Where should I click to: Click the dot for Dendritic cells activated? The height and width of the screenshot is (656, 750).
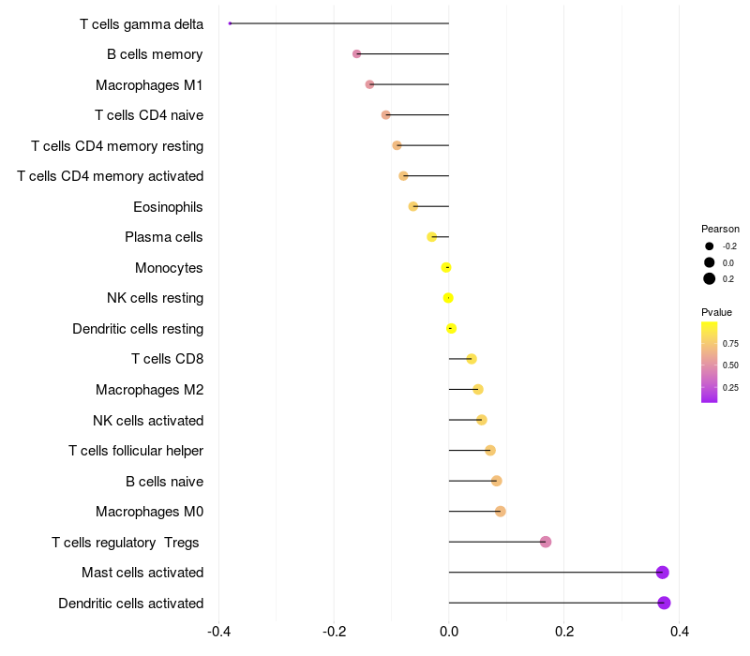click(664, 603)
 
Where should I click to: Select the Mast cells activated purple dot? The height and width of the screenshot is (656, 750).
click(662, 573)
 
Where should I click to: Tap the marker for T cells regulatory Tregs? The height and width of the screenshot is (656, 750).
click(546, 542)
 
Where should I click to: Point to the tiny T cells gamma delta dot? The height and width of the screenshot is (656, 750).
click(230, 23)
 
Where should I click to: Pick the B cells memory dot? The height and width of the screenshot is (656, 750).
click(356, 53)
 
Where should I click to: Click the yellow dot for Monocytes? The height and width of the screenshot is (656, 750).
click(446, 267)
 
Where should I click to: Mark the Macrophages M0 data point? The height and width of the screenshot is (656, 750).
click(500, 512)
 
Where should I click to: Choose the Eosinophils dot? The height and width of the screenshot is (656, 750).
click(412, 206)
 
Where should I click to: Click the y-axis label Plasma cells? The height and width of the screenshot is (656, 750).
click(164, 237)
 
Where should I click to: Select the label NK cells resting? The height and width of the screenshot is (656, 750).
click(155, 298)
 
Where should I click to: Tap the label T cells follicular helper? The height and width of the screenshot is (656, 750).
click(136, 451)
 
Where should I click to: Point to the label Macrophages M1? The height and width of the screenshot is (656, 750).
click(149, 85)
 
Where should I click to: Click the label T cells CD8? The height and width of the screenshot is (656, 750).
click(167, 359)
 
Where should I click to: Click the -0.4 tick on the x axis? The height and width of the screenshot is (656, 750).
click(217, 632)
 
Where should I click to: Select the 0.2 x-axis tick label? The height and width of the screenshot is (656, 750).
click(564, 632)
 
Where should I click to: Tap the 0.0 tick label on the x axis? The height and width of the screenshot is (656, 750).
click(448, 632)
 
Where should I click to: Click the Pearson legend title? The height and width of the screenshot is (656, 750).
click(720, 229)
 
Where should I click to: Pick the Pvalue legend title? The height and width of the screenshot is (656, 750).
click(716, 312)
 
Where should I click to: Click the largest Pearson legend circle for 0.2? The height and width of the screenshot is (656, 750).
click(710, 278)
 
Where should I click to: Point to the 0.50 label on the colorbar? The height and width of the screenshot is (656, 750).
click(730, 365)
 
